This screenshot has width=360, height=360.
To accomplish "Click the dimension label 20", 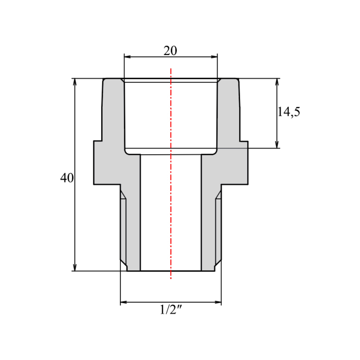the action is pyautogui.click(x=170, y=51).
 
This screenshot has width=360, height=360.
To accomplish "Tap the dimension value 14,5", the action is pyautogui.click(x=289, y=112).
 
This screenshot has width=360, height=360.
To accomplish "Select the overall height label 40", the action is pyautogui.click(x=67, y=178).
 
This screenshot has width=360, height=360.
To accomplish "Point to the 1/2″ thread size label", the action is pyautogui.click(x=171, y=310).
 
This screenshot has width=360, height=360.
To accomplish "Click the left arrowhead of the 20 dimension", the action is pyautogui.click(x=127, y=57).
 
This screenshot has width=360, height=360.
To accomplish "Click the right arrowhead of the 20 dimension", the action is pyautogui.click(x=214, y=57).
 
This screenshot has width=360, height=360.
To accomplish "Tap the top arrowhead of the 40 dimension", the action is pyautogui.click(x=75, y=82).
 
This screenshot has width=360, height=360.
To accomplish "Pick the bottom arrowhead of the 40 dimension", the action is pyautogui.click(x=75, y=268).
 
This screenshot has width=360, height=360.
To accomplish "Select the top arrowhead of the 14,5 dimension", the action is pyautogui.click(x=277, y=82).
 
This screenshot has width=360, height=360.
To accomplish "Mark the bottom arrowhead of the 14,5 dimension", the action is pyautogui.click(x=277, y=145).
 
